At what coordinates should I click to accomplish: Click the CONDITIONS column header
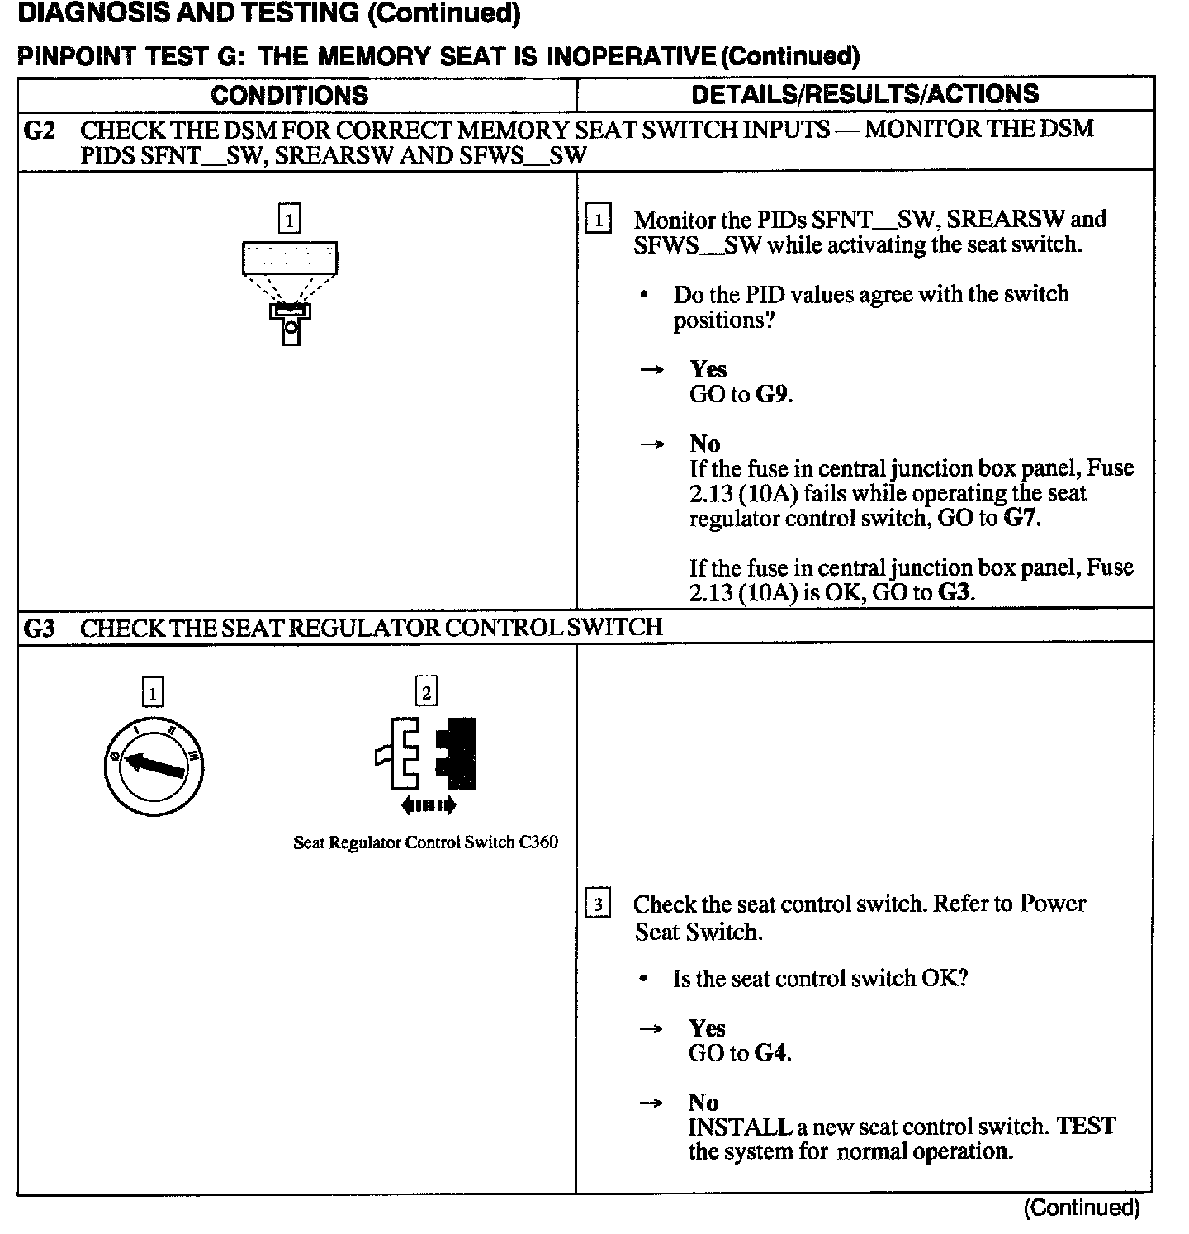tap(289, 95)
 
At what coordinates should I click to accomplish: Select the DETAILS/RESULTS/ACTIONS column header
tap(865, 94)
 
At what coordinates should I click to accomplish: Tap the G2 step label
tap(39, 131)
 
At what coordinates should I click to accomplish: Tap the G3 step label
tap(39, 628)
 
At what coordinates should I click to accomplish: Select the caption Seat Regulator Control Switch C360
tap(425, 842)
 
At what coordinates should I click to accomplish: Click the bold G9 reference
tap(772, 395)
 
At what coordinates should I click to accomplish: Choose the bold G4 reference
tap(771, 1053)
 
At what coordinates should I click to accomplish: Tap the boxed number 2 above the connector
tap(426, 691)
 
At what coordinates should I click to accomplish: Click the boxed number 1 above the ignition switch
tap(154, 691)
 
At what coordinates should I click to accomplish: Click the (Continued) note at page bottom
tap(1082, 1208)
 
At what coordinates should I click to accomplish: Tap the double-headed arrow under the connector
tap(427, 805)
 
